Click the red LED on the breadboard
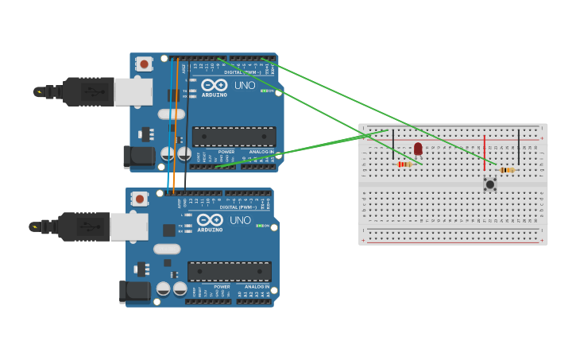(x=418, y=148)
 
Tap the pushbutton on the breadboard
(x=489, y=184)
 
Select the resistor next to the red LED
(x=404, y=165)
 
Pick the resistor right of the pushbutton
(x=507, y=169)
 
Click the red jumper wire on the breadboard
(x=484, y=153)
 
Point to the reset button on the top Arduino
(x=144, y=64)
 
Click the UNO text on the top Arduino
(x=244, y=85)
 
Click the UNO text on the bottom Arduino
(x=240, y=220)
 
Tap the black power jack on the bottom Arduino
(x=135, y=292)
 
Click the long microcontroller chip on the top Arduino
(x=234, y=136)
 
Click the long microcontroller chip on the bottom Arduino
(x=230, y=271)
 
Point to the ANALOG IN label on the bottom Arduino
(x=257, y=286)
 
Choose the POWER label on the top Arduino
(x=226, y=151)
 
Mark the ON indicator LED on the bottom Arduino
(x=259, y=226)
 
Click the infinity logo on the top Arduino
(x=214, y=84)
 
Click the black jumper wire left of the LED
(x=392, y=145)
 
